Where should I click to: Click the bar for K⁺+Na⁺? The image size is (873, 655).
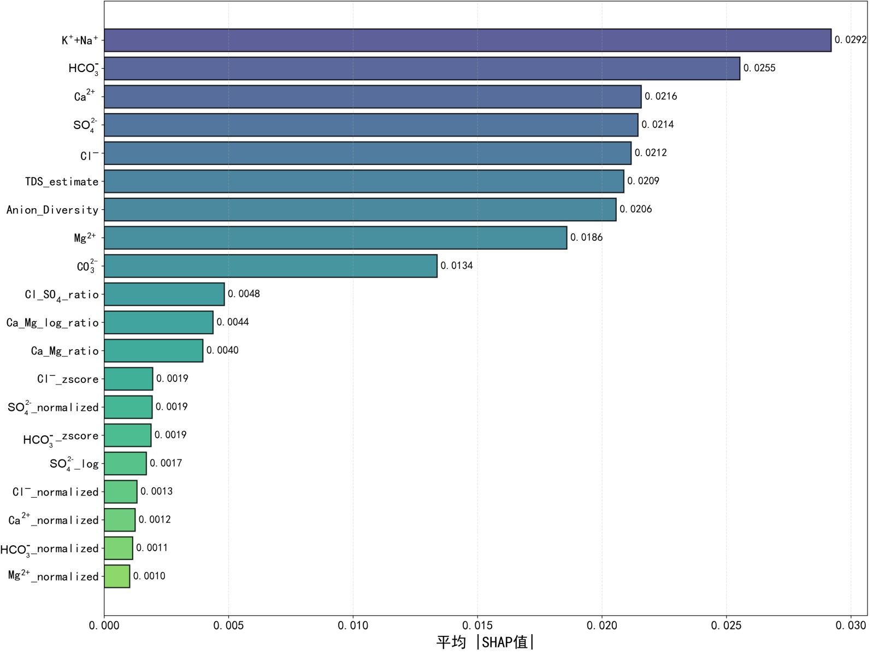point(467,40)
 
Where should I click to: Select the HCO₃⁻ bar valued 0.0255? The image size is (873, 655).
point(422,69)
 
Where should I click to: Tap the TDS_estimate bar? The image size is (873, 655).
point(364,181)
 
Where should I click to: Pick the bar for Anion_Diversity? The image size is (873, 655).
point(360,210)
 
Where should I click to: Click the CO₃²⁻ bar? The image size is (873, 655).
point(270,266)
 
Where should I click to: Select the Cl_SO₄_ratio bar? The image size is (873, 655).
point(164,294)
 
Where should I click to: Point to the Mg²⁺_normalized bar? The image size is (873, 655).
point(117,576)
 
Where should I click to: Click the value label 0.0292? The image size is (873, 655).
point(850,40)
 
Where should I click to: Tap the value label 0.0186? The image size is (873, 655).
point(586,238)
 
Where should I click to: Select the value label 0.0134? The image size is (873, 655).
point(457,266)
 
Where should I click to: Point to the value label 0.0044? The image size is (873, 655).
point(233,322)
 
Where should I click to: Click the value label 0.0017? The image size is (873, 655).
point(166,463)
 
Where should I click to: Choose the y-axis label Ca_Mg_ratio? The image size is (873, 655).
point(64,351)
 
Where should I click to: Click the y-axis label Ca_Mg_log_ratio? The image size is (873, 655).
point(52,323)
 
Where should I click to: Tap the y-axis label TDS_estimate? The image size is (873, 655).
point(62,182)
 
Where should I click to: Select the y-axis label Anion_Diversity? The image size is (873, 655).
point(52,210)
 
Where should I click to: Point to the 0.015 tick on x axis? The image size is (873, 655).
point(477,626)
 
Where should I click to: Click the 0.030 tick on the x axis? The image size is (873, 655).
point(851,626)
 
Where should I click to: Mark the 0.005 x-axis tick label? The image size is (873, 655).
point(228,626)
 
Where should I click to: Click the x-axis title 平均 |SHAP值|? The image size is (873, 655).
point(485,642)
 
